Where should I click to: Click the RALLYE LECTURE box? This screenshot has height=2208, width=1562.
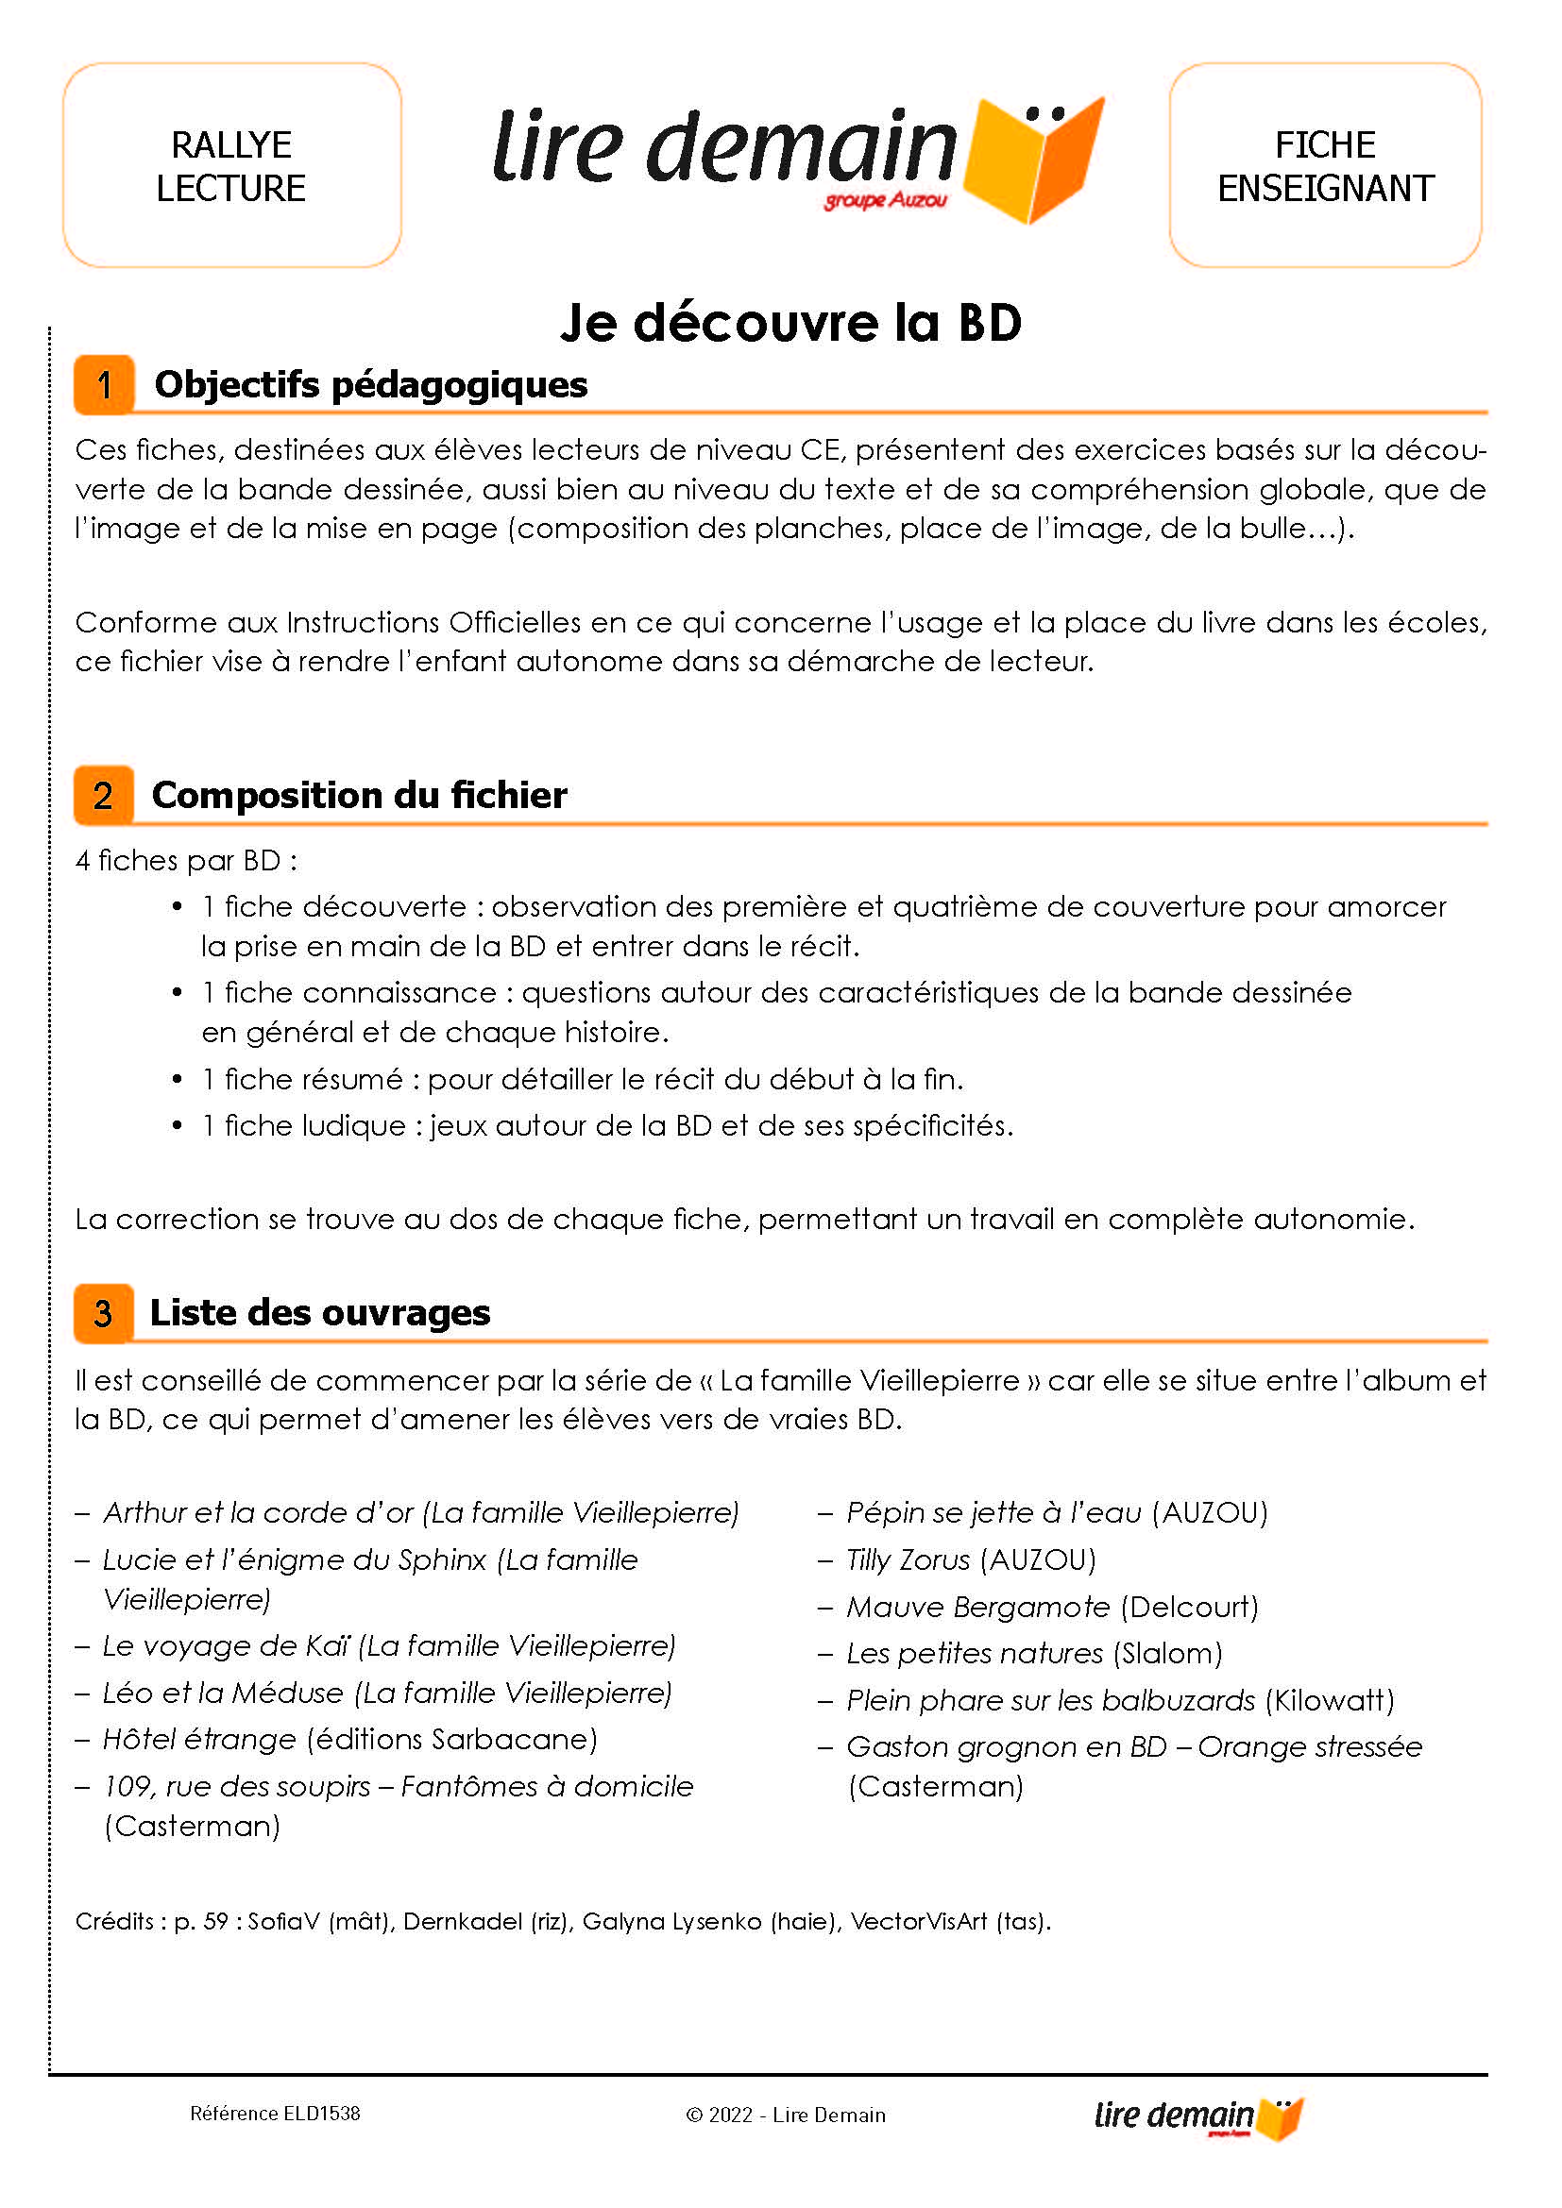coord(230,165)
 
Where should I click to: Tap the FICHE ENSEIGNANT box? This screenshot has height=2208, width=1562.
coord(1324,165)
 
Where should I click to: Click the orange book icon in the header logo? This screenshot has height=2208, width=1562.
coord(1034,159)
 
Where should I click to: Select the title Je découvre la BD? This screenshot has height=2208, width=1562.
coord(789,323)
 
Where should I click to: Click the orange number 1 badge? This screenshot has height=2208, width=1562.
coord(104,384)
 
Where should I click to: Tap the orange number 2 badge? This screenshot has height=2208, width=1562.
coord(104,795)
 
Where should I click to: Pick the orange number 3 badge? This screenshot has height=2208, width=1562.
coord(104,1313)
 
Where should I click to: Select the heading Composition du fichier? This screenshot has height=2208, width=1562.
coord(359,795)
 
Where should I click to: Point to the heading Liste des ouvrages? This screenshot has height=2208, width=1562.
coord(319,1313)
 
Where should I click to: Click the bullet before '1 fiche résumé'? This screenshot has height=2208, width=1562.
coord(177,1079)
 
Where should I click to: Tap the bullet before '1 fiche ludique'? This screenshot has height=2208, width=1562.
coord(177,1125)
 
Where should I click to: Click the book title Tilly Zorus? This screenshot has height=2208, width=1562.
coord(908,1559)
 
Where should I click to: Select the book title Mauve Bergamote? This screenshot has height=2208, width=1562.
coord(977,1607)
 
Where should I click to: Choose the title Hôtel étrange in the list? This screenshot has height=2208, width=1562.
coord(199,1739)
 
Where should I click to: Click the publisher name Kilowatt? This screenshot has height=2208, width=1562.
coord(1329,1700)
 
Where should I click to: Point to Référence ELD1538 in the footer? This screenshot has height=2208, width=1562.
coord(275,2114)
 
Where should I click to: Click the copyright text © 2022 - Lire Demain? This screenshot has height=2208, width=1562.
coord(785,2115)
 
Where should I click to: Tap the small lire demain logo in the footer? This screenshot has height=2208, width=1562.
coord(1198,2116)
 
